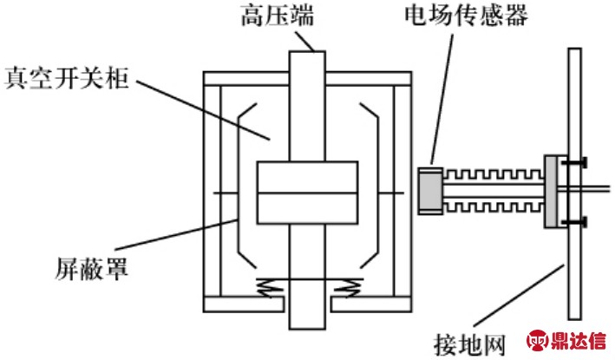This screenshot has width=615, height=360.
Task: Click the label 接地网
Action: [x=468, y=344]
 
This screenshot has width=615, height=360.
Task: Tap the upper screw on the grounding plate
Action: [x=573, y=162]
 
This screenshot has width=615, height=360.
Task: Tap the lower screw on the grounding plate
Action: [x=573, y=222]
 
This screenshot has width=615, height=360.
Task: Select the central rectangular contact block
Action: [x=307, y=192]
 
